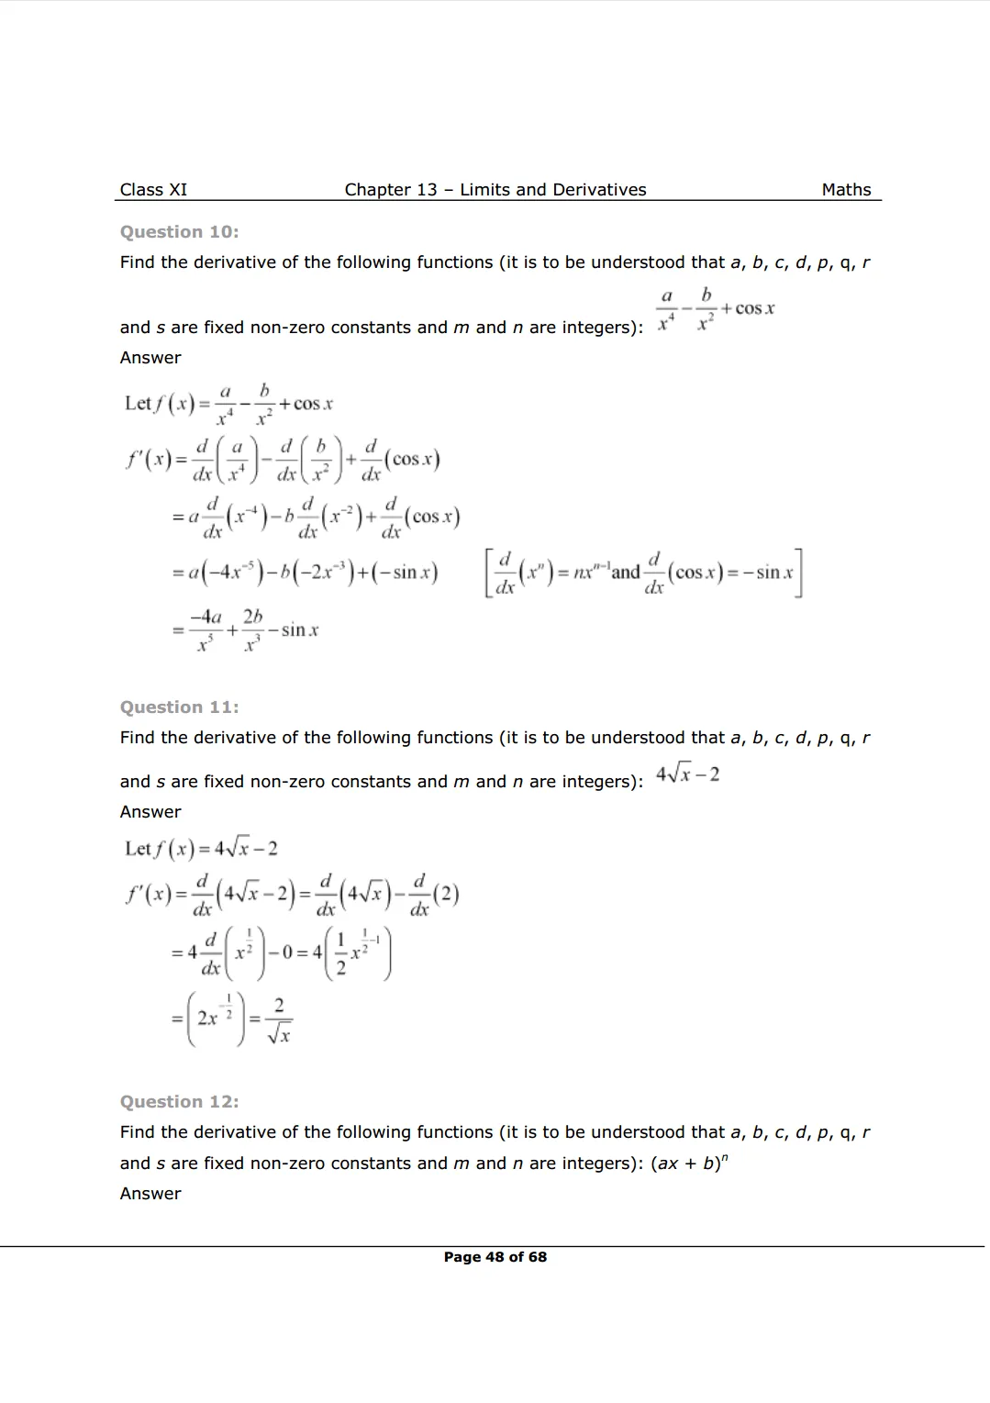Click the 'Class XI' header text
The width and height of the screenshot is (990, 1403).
click(153, 190)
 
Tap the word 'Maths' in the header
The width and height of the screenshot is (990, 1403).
click(846, 190)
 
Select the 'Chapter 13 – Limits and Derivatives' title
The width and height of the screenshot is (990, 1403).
click(495, 190)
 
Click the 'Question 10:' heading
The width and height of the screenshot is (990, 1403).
click(179, 232)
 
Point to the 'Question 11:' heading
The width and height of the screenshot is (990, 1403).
click(179, 707)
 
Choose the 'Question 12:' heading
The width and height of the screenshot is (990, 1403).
click(179, 1102)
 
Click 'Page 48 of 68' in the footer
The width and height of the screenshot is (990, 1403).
click(495, 1257)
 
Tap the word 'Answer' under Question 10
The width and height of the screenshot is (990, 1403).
click(150, 358)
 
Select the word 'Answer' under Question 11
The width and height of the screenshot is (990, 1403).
click(150, 812)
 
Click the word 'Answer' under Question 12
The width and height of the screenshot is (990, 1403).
click(150, 1194)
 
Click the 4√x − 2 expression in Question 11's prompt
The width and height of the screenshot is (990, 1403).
click(687, 774)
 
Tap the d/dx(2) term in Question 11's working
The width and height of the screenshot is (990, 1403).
click(433, 895)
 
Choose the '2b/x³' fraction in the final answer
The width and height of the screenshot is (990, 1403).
click(252, 630)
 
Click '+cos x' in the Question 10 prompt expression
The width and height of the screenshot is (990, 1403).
click(748, 309)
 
